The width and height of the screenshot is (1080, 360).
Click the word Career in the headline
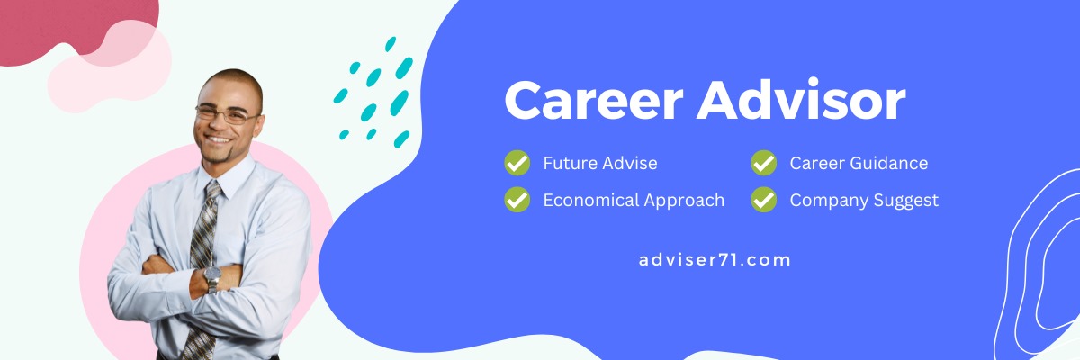click(x=594, y=100)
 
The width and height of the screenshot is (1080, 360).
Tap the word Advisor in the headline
click(x=801, y=99)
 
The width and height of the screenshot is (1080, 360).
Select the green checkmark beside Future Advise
click(x=517, y=163)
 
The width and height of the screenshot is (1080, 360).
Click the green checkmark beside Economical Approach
click(x=517, y=200)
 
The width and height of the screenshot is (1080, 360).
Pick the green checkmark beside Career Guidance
click(x=764, y=163)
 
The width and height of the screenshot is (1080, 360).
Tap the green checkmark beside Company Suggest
click(x=764, y=200)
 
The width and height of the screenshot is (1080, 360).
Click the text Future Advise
click(x=600, y=164)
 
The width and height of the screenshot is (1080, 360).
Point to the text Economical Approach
click(x=634, y=201)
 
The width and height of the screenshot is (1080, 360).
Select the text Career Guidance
click(x=859, y=164)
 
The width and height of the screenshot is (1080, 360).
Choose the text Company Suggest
click(x=864, y=201)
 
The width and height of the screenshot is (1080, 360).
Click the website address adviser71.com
click(x=715, y=260)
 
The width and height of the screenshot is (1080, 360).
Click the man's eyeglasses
click(x=227, y=114)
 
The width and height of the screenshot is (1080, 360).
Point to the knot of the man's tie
click(x=213, y=190)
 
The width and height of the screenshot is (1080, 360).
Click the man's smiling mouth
click(x=218, y=140)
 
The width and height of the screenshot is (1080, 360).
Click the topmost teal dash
click(x=391, y=44)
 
